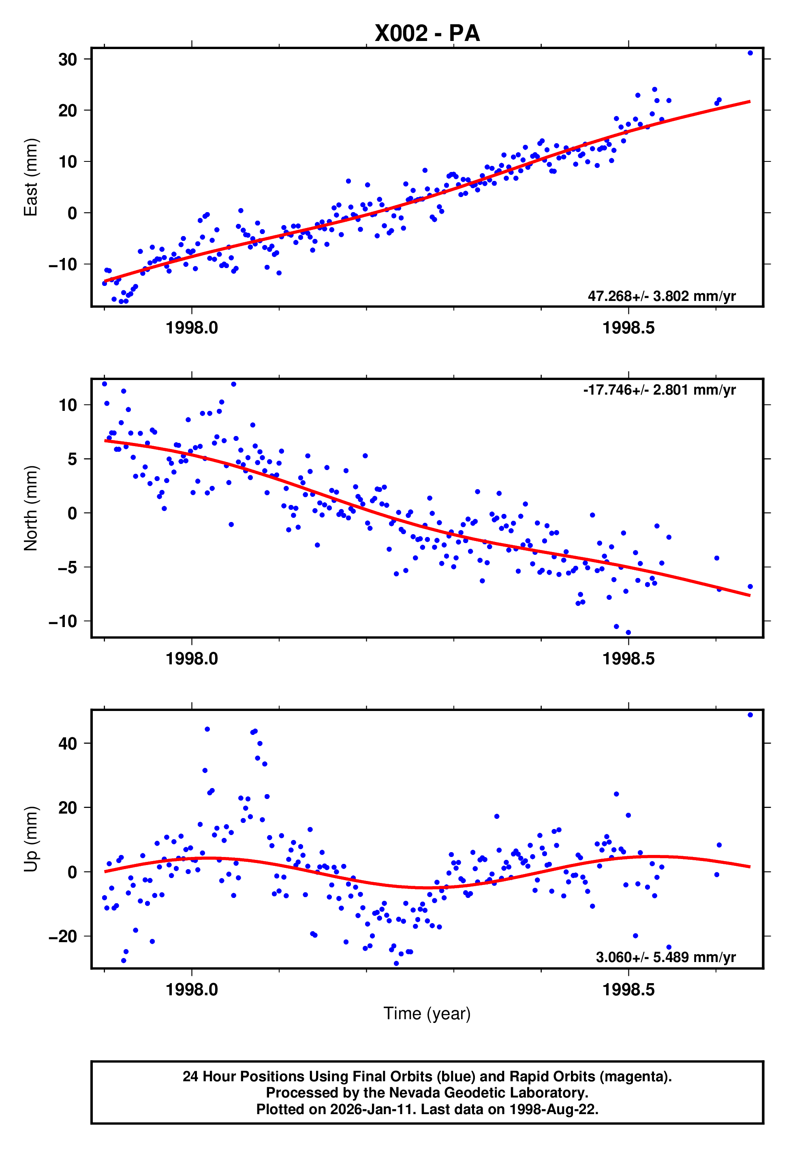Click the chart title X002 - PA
pyautogui.click(x=427, y=33)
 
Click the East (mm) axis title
pyautogui.click(x=31, y=178)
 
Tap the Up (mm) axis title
pyautogui.click(x=31, y=839)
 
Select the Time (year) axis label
pyautogui.click(x=427, y=1014)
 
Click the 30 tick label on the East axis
pyautogui.click(x=68, y=59)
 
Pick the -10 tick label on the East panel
pyautogui.click(x=63, y=264)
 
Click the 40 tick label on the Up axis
pyautogui.click(x=68, y=743)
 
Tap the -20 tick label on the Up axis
pyautogui.click(x=63, y=936)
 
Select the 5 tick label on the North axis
pyautogui.click(x=72, y=459)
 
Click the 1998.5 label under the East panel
pyautogui.click(x=628, y=328)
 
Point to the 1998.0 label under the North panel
pyautogui.click(x=192, y=659)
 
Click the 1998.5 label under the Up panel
pyautogui.click(x=628, y=990)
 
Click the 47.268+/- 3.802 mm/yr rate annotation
pyautogui.click(x=662, y=296)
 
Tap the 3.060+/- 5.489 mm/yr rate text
pyautogui.click(x=665, y=957)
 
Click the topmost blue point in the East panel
pyautogui.click(x=750, y=53)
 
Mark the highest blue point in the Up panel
pyautogui.click(x=750, y=715)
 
